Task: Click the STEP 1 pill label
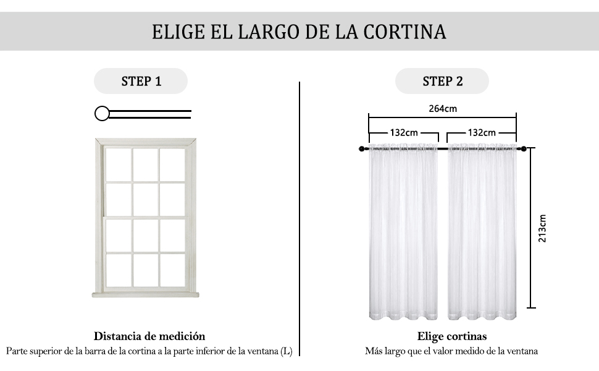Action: (x=141, y=81)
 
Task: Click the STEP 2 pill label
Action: (x=442, y=81)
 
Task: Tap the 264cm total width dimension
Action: (x=443, y=109)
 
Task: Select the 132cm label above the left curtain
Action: (x=404, y=132)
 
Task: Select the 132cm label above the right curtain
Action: (x=482, y=132)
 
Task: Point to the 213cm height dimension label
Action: (x=542, y=228)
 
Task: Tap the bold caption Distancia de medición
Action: (x=149, y=336)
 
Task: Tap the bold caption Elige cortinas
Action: (x=451, y=336)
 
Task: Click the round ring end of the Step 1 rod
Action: (x=102, y=113)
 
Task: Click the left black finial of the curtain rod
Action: (x=362, y=149)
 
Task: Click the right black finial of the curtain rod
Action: (x=524, y=149)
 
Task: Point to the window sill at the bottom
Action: (x=146, y=294)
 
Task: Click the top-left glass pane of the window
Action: (x=119, y=164)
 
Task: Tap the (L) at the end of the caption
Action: (x=286, y=351)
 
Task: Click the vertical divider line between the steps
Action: (x=299, y=216)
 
